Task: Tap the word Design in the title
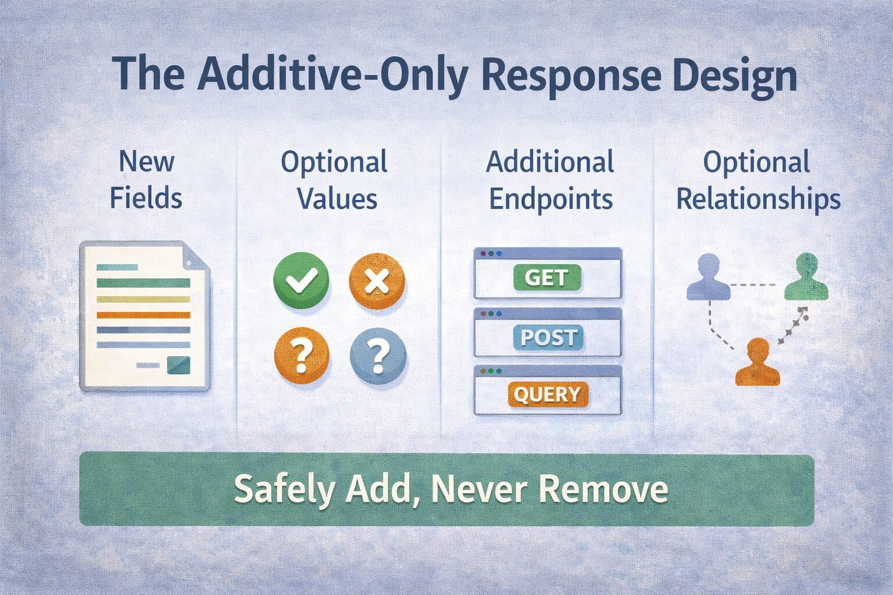point(735,76)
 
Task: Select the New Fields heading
point(146,180)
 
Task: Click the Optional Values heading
point(335,180)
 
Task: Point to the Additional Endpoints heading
point(550,180)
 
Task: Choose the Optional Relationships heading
point(758,180)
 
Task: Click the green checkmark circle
point(301,280)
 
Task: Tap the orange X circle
point(377,281)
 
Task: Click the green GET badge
point(547,278)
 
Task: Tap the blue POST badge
point(548,338)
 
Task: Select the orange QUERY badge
point(548,395)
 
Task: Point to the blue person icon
point(708,278)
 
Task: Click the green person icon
point(806,277)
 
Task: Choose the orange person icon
point(757,363)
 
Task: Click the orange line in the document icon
point(143,315)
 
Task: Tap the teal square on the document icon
point(178,365)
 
